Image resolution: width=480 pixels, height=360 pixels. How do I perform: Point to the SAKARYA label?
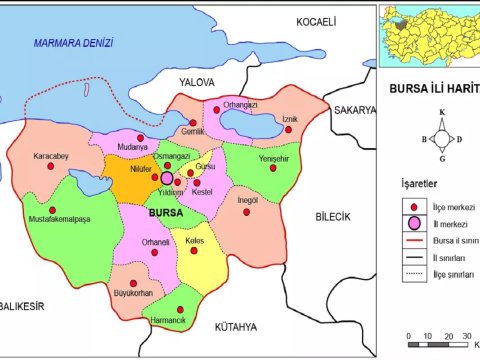coord(355,109)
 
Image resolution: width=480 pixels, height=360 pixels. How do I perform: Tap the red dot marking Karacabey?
coord(52,167)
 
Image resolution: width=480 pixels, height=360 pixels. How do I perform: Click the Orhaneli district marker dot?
coord(155,252)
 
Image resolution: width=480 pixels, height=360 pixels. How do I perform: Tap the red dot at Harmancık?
coord(180,310)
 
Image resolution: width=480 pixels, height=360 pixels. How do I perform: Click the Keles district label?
coord(195,241)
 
